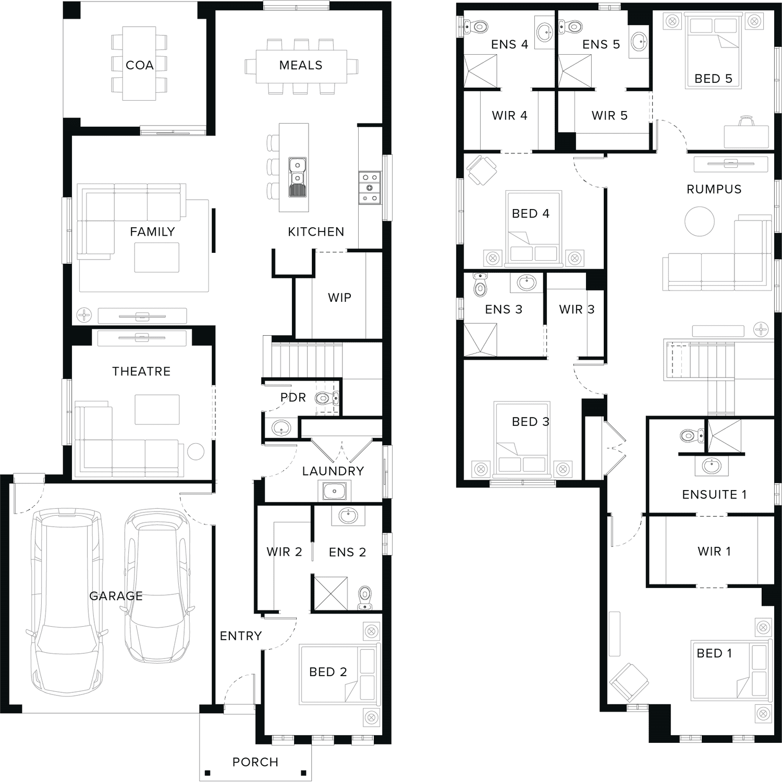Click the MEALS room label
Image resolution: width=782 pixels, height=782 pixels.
(301, 65)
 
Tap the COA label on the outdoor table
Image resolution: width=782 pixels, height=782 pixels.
(140, 65)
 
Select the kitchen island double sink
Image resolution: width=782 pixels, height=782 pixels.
(297, 177)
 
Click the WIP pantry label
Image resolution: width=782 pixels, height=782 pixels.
(339, 297)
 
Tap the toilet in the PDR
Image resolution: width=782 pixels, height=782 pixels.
(326, 399)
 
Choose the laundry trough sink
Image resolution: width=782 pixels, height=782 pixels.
(334, 491)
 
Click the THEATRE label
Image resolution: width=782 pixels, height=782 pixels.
(141, 371)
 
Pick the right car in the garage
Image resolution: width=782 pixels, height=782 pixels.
(158, 586)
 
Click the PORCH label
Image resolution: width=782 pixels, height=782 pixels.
(255, 762)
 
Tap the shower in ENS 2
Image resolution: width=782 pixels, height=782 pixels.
(331, 593)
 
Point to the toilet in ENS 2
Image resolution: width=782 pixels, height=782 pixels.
(365, 598)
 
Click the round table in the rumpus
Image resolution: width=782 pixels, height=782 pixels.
(700, 222)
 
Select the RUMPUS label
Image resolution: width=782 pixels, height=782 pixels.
(714, 189)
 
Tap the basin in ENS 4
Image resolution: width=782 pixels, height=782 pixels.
(545, 32)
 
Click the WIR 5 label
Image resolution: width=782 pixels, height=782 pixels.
(609, 115)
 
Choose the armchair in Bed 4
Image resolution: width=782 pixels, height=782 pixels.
(482, 170)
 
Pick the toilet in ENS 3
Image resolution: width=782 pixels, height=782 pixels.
(480, 284)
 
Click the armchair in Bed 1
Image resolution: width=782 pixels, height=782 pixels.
(629, 682)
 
